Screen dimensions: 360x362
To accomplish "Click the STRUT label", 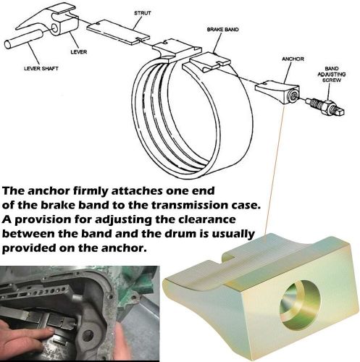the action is tap(143, 13).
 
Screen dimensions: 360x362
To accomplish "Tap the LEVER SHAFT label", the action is tap(41, 68).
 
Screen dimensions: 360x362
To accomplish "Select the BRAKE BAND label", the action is tap(223, 30).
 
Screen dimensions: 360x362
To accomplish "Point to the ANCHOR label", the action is tap(293, 59).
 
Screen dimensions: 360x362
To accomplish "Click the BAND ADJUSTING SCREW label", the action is tap(332, 74).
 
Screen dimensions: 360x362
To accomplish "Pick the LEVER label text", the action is tap(79, 52).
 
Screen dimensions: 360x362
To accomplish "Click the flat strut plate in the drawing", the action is tap(118, 32).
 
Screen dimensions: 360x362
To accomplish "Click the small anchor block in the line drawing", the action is tap(278, 92).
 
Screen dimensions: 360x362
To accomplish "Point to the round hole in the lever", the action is tap(55, 28).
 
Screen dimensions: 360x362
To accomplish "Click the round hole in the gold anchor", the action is tap(300, 305).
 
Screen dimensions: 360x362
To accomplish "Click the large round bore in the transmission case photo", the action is tap(88, 335).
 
